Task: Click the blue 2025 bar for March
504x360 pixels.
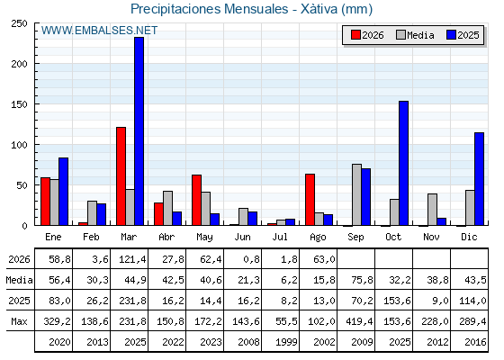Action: pyautogui.click(x=139, y=131)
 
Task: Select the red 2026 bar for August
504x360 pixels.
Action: pyautogui.click(x=310, y=200)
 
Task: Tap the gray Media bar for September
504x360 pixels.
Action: pyautogui.click(x=356, y=194)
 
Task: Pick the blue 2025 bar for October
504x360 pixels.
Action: pyautogui.click(x=404, y=163)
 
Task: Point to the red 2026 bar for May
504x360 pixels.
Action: pyautogui.click(x=197, y=200)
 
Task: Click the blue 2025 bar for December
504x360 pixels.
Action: pyautogui.click(x=479, y=179)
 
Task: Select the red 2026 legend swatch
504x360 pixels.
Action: pyautogui.click(x=355, y=35)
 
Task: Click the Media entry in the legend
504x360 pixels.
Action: pyautogui.click(x=415, y=35)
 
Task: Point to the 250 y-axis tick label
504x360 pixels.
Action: pyautogui.click(x=19, y=23)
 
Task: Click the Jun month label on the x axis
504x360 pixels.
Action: pyautogui.click(x=242, y=238)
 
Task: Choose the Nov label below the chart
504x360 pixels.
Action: pyautogui.click(x=431, y=238)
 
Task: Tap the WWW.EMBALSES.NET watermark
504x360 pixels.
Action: pyautogui.click(x=99, y=31)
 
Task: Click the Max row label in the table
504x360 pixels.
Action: pyautogui.click(x=19, y=321)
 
